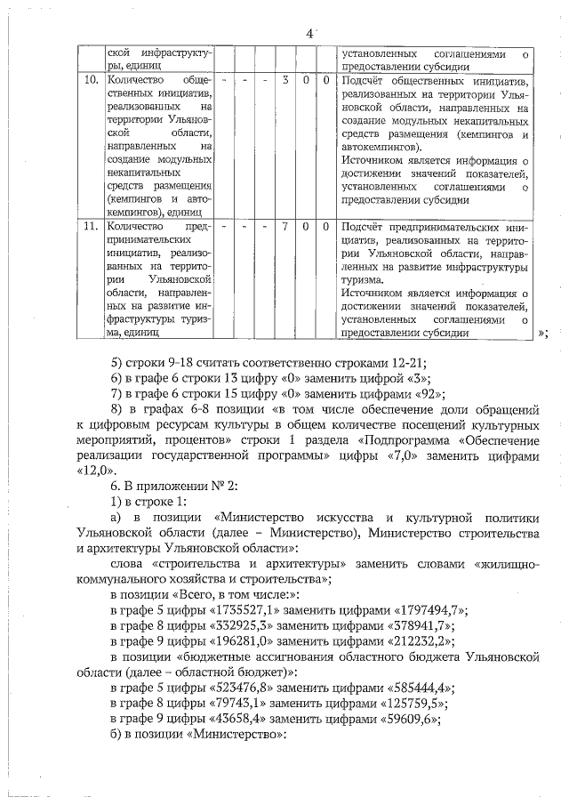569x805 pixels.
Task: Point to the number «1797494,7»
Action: (x=425, y=610)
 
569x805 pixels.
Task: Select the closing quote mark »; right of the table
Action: (x=542, y=334)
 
